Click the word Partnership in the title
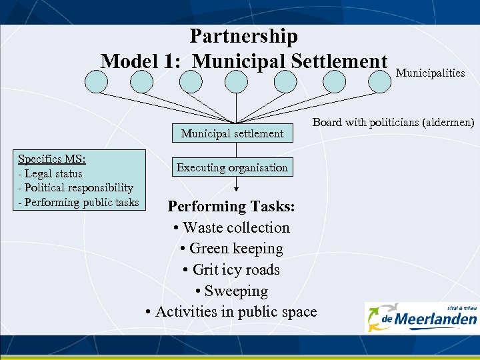point(243,36)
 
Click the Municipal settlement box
point(232,133)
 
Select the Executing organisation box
point(232,167)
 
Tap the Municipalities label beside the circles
point(430,73)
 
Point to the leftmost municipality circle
point(96,81)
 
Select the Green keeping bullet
point(231,249)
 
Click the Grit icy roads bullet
point(231,270)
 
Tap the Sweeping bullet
point(231,291)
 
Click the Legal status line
point(50,174)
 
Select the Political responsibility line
point(75,188)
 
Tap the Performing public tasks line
point(78,202)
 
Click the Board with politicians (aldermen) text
point(393,123)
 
